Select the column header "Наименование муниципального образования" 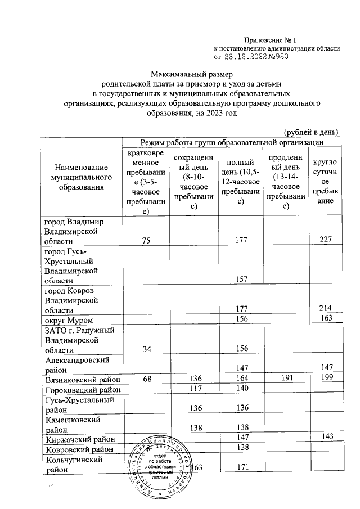79,177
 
